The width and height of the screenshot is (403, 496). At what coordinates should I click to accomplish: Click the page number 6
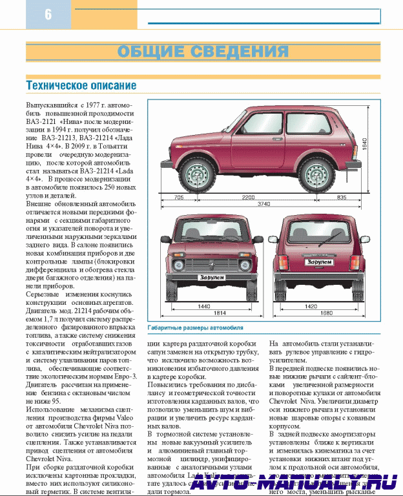[48, 14]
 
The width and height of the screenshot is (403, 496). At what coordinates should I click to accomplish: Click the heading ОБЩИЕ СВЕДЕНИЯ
[203, 52]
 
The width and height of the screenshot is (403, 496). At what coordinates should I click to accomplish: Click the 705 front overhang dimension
[178, 197]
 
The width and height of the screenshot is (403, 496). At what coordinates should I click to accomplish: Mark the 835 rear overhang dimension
[341, 197]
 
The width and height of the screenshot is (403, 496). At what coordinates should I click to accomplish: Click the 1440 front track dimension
[204, 307]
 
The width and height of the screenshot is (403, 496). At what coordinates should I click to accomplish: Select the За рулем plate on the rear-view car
[318, 262]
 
